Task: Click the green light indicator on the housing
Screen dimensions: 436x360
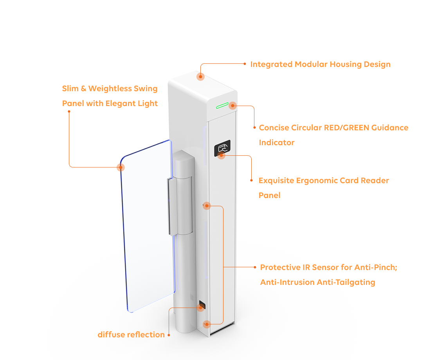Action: coord(222,105)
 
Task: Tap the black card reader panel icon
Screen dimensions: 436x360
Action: coord(222,148)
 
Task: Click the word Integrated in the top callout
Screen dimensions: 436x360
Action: coord(271,65)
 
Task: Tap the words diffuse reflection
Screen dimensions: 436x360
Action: coord(131,335)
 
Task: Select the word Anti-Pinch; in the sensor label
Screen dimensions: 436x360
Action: coord(377,267)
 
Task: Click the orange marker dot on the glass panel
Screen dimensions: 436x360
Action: coord(121,167)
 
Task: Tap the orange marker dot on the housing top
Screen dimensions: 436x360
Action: coord(200,76)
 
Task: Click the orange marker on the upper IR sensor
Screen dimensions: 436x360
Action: coord(207,206)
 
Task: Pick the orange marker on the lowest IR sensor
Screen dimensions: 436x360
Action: coord(207,324)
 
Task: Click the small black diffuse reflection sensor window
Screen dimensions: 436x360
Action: coord(202,305)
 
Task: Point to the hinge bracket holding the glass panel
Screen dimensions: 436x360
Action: coord(180,206)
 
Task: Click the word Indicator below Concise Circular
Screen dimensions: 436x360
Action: coord(277,142)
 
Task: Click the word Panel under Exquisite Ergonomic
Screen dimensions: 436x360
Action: coord(269,195)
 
